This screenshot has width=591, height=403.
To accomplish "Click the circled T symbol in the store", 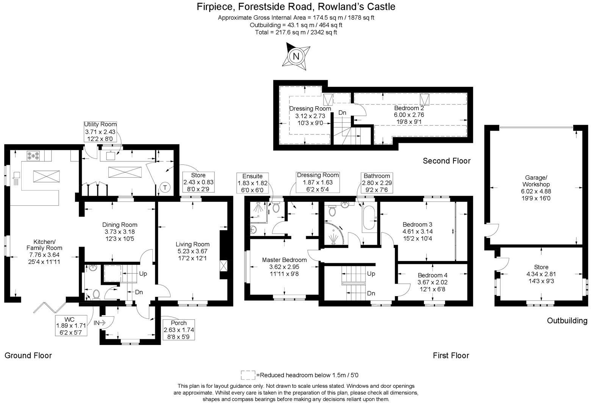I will (165, 187).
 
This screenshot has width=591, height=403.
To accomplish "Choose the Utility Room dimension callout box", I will (100, 131).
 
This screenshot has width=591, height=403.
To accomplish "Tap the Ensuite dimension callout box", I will (252, 183).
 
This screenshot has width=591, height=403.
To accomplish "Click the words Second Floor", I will (446, 161).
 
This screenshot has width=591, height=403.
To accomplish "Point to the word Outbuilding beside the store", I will (567, 321).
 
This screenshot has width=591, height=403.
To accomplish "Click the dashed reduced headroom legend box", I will (248, 375).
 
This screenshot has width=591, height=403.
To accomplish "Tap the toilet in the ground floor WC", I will (96, 294).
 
